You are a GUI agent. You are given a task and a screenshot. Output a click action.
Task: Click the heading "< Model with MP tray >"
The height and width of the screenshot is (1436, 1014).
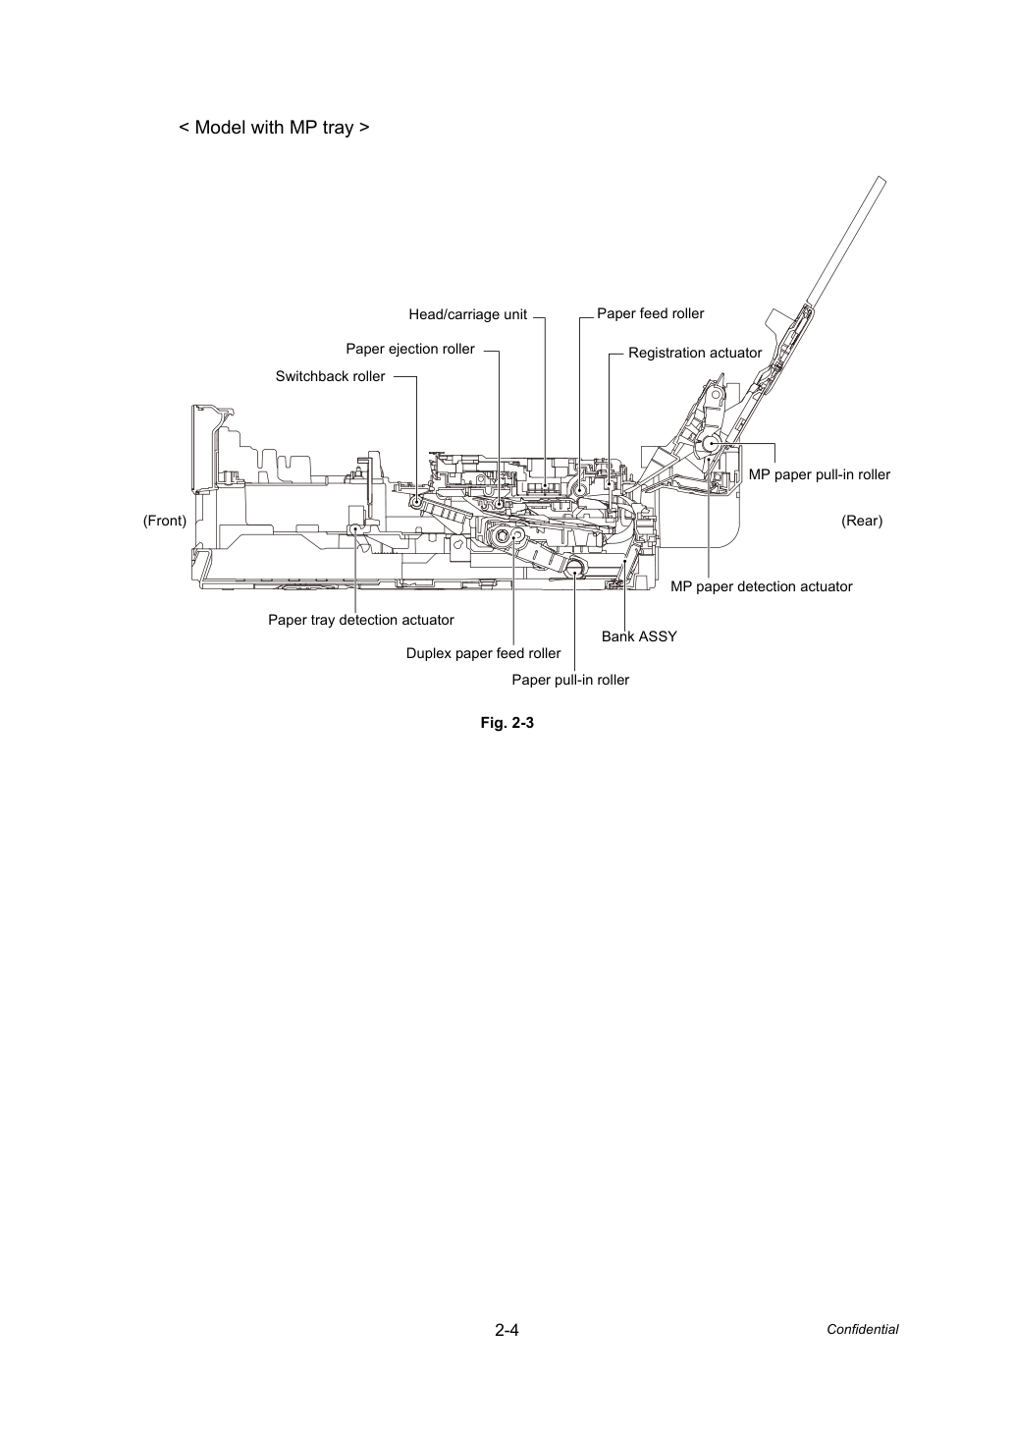274,128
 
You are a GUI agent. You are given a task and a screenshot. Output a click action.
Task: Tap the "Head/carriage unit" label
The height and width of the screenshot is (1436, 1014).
467,314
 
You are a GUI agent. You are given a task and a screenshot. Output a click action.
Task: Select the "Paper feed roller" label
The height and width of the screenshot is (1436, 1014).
650,313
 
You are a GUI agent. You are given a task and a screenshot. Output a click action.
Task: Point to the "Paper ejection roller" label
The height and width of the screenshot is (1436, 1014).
410,349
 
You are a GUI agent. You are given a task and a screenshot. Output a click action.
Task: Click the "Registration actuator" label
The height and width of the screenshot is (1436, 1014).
695,353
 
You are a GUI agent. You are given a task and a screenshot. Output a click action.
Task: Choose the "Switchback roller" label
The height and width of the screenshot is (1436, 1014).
330,376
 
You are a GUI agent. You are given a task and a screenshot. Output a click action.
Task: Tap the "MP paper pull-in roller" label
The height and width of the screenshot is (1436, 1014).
820,474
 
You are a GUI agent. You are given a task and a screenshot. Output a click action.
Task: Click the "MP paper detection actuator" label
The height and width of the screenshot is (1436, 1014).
761,586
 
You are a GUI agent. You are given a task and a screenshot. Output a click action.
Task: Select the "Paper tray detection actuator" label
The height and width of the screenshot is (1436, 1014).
360,620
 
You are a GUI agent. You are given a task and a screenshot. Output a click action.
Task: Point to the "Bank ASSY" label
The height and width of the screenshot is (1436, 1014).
639,636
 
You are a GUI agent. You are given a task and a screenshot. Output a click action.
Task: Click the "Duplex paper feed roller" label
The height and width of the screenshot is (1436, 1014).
483,653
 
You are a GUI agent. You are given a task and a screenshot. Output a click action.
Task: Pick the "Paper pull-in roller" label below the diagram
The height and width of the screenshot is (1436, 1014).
570,680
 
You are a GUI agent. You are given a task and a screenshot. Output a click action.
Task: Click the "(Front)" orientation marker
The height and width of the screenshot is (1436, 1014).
165,521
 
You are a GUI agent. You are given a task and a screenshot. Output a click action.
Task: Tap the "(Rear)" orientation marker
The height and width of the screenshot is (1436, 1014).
862,521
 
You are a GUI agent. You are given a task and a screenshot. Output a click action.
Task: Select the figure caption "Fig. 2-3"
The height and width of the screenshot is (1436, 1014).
507,723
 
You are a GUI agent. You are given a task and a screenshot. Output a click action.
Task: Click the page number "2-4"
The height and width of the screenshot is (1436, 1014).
507,1330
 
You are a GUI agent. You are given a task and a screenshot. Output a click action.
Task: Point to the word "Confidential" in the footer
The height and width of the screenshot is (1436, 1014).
862,1330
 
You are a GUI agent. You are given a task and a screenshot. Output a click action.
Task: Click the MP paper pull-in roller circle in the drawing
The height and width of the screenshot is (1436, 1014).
711,444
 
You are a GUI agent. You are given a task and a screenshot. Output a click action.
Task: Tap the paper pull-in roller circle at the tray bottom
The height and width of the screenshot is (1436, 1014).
574,566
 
